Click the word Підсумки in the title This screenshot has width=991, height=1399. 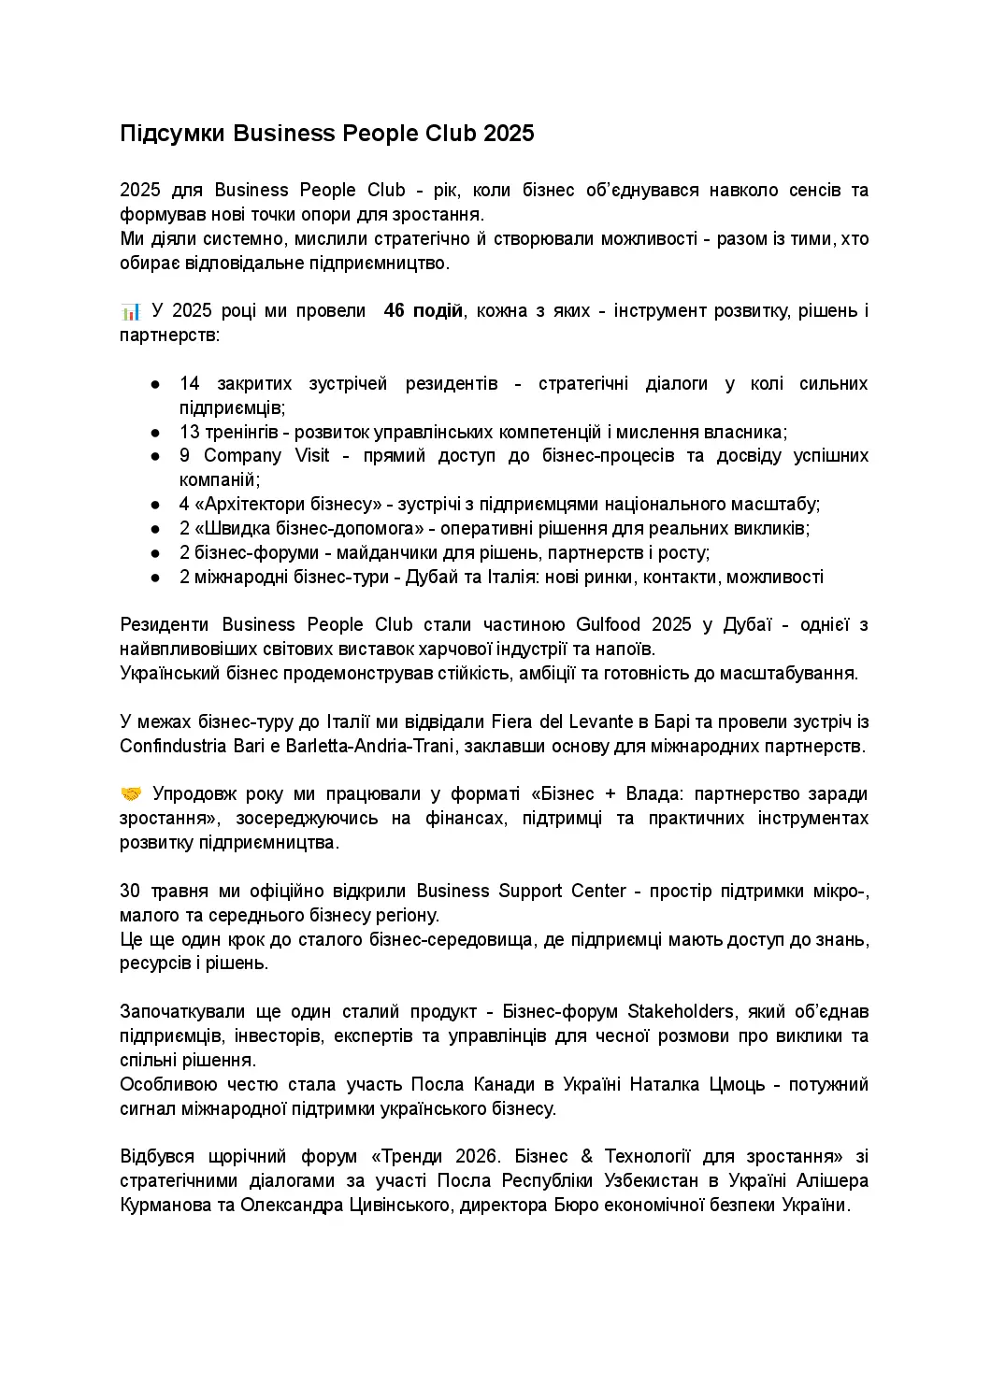point(172,134)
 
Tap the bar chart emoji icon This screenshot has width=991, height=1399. point(130,311)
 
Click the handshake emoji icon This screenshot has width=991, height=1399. point(131,794)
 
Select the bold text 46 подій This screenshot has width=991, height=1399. point(423,311)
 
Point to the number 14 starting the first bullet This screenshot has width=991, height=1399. point(190,384)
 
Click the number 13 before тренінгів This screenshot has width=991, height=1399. point(190,433)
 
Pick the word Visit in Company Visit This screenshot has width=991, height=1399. point(312,456)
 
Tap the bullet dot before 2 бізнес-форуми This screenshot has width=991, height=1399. point(156,553)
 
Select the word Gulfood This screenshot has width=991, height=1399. point(609,625)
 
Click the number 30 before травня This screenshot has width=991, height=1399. point(130,892)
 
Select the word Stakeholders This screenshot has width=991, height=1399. point(681,1012)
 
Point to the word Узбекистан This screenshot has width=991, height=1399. point(650,1181)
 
